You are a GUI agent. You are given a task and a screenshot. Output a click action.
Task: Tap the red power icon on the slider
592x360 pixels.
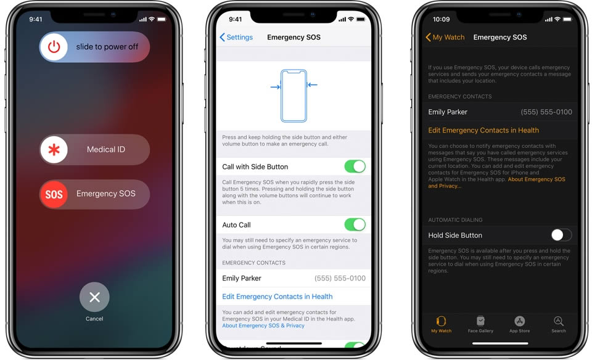click(54, 47)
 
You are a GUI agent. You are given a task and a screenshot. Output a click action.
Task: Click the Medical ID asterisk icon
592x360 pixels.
click(54, 149)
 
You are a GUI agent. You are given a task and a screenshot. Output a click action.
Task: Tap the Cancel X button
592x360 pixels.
click(94, 297)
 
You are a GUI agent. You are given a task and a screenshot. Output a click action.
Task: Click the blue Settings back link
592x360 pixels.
click(236, 37)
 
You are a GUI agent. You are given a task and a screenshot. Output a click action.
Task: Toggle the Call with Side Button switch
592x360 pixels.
click(355, 166)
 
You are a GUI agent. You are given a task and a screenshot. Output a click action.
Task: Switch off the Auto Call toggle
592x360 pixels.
click(355, 224)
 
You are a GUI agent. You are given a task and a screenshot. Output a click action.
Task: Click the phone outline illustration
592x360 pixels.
click(294, 96)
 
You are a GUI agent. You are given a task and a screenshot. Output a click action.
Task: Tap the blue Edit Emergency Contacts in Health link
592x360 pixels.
click(277, 297)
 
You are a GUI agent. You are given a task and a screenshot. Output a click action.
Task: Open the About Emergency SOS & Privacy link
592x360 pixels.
click(263, 325)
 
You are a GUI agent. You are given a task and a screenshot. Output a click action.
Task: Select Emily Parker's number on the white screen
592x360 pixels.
click(340, 278)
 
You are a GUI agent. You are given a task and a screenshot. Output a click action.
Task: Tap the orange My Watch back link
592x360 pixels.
click(445, 37)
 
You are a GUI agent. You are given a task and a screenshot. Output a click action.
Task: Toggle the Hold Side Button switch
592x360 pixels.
click(561, 235)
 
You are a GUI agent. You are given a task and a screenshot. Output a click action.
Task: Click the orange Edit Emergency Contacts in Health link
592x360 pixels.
click(483, 130)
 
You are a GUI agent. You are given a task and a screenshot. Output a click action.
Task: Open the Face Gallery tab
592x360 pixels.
click(480, 324)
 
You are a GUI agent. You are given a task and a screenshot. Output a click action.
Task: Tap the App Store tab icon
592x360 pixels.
click(519, 321)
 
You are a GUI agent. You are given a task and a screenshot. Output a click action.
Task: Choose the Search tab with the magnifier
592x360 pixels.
click(559, 324)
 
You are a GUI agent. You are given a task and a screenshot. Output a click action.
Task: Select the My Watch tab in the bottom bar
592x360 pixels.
click(441, 324)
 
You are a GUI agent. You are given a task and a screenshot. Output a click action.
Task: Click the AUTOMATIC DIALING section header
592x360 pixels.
click(455, 219)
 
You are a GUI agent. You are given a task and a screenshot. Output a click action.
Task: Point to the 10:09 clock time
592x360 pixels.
click(441, 19)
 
